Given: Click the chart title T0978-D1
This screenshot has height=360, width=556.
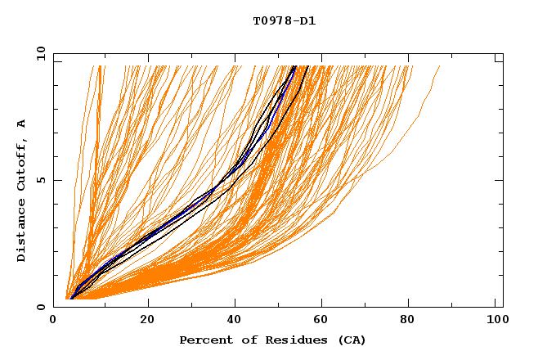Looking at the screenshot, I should point(284,21).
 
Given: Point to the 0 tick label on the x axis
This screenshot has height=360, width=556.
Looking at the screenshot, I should point(54,321).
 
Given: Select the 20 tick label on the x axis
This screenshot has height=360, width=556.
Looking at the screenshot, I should point(147,321).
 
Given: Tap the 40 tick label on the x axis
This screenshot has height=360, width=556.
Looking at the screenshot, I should point(236,321).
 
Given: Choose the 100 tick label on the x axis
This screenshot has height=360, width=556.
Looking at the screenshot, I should point(495,321).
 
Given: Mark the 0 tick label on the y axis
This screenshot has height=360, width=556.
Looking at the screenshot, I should point(42,307).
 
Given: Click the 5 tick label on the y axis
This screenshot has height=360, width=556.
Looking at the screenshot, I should point(42,180).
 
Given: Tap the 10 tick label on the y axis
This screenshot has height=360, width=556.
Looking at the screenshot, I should point(39,53).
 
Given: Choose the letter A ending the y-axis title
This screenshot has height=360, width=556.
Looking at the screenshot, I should point(22,124).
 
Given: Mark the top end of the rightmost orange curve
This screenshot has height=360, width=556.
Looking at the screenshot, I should point(440,66).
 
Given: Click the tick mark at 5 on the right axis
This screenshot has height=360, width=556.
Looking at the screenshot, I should point(499,180).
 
